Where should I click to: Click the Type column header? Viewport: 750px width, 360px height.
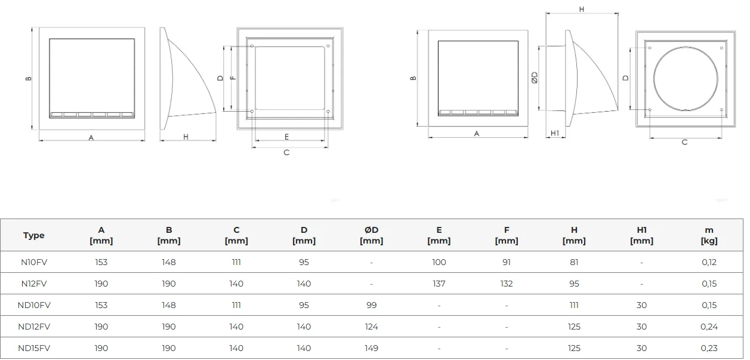[x=34, y=235]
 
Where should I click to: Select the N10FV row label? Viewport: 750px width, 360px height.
[x=34, y=262]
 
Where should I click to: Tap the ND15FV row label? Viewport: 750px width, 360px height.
[x=34, y=348]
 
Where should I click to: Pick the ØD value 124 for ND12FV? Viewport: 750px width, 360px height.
[x=371, y=327]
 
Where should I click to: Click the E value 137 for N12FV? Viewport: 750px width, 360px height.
[x=439, y=284]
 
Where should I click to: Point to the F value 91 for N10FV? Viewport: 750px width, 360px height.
[x=507, y=262]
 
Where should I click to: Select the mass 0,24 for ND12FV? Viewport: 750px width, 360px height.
[x=709, y=327]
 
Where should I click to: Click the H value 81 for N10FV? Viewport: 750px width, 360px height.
[x=574, y=262]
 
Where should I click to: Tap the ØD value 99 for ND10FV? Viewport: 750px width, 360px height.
[x=371, y=306]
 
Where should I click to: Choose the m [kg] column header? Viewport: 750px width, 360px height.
[x=709, y=235]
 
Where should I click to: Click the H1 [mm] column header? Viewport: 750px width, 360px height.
[x=641, y=235]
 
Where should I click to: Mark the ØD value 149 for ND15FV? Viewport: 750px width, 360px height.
[x=371, y=348]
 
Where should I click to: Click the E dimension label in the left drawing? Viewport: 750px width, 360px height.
[x=286, y=137]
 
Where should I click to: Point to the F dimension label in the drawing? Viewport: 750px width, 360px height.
[x=233, y=78]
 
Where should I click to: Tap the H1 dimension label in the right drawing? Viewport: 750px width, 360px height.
[x=555, y=133]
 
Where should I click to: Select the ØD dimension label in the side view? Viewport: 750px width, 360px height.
[x=535, y=78]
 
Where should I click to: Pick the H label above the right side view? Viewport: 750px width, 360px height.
[x=582, y=10]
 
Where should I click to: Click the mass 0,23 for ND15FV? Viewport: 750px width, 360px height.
[x=709, y=348]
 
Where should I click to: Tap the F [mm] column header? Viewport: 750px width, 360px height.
[x=507, y=235]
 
